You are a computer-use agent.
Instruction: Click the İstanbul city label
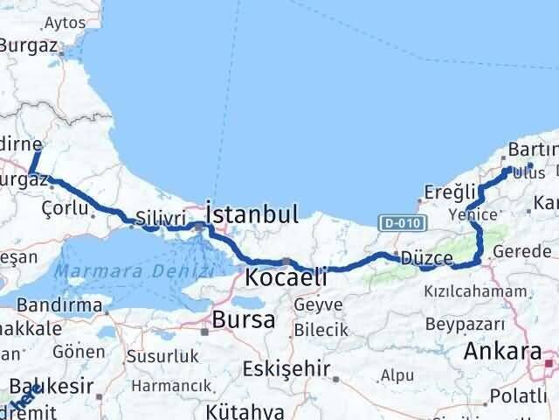pos(252,213)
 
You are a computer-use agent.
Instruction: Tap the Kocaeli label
pos(286,278)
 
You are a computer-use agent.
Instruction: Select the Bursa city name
pos(244,319)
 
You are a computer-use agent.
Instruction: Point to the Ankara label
pos(504,352)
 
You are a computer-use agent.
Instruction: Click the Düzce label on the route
pos(427,258)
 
